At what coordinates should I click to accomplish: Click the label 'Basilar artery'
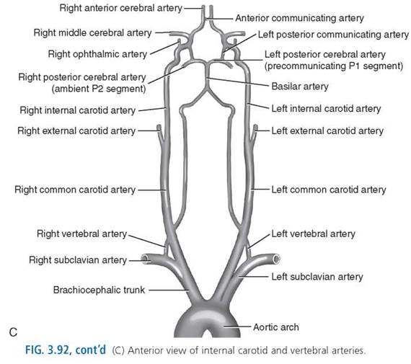coord(300,86)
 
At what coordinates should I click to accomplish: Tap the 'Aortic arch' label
coord(276,327)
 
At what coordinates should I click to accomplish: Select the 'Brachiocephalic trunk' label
coord(99,290)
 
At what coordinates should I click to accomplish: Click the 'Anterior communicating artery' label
coord(300,18)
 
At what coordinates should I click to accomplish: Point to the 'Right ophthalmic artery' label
coord(97,54)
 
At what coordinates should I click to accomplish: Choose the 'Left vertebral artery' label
coord(313,234)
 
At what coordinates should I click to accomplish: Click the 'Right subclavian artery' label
coord(78,260)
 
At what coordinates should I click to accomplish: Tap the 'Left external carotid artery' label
coord(327,130)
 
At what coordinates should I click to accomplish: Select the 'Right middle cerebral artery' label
coord(93,33)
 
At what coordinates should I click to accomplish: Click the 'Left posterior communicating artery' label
coord(333,35)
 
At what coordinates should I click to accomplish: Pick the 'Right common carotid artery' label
coord(75,190)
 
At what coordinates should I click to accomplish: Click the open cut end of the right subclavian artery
coord(145,259)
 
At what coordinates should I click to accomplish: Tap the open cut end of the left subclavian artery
coord(276,259)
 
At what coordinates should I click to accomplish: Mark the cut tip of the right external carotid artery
coord(159,127)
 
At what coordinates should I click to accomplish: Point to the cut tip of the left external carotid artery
coord(255,127)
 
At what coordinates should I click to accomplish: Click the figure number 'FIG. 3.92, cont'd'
coord(66,350)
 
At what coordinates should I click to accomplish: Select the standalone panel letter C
coord(13,332)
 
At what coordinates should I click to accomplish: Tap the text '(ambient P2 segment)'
coord(99,89)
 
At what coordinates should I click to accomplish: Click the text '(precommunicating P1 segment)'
coord(334,66)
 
